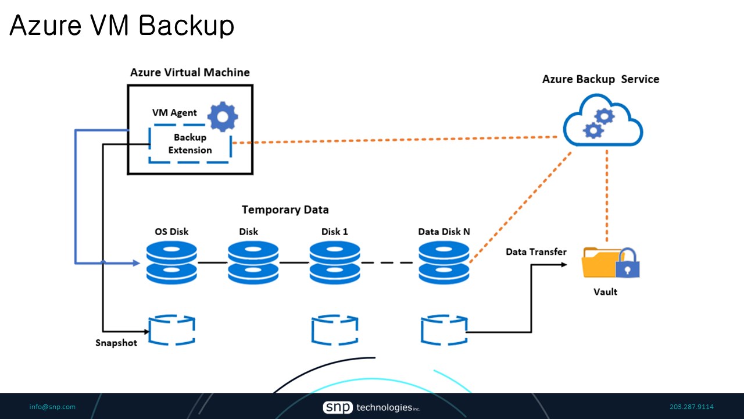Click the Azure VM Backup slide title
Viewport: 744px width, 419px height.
point(122,26)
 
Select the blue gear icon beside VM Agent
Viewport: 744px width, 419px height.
point(223,117)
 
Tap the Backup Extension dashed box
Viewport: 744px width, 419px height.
point(190,144)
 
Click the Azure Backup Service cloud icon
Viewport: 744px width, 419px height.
point(603,124)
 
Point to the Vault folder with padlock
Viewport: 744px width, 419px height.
point(610,263)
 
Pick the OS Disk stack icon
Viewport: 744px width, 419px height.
point(171,263)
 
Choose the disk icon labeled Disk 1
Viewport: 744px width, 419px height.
point(334,263)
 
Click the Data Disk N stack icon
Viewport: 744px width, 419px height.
point(444,263)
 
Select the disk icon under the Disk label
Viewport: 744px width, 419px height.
point(253,263)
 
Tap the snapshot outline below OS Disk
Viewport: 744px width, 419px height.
point(172,331)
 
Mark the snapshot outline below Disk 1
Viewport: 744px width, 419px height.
point(334,331)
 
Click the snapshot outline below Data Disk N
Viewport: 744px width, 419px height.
point(444,331)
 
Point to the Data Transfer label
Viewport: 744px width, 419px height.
point(536,252)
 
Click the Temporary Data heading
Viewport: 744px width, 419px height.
point(285,210)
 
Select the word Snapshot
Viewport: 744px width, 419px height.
point(116,343)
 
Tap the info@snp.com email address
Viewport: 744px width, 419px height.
point(52,407)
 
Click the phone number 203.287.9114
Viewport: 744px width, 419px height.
point(692,407)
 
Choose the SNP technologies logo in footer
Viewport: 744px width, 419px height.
point(371,407)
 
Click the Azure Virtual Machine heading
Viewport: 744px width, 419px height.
point(189,73)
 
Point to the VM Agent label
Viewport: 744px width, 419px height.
point(174,113)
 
